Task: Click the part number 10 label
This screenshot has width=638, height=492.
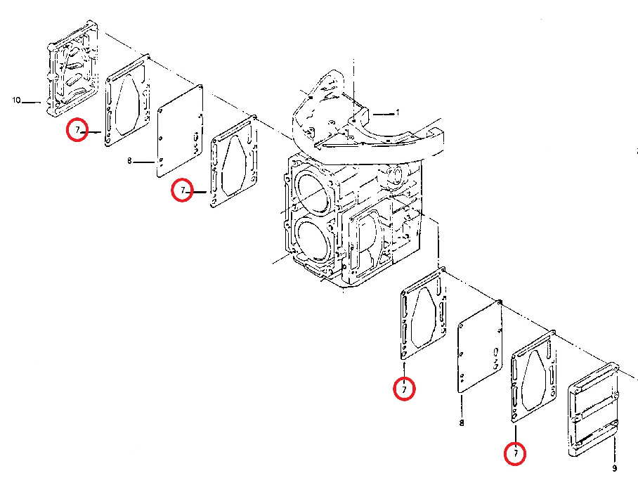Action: [x=16, y=100]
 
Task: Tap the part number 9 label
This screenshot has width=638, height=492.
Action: [x=614, y=468]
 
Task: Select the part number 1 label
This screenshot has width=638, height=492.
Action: [x=398, y=112]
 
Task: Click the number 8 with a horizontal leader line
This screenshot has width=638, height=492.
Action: [x=129, y=161]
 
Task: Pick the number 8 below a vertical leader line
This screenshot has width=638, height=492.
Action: [x=462, y=423]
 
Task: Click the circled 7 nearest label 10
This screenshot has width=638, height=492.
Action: [x=77, y=130]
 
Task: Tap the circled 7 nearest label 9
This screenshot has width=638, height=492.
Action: [x=515, y=453]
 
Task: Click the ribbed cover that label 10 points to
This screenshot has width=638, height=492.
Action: [x=73, y=68]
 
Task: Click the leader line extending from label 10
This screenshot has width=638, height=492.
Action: [x=32, y=102]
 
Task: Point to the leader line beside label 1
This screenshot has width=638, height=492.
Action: [x=383, y=115]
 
